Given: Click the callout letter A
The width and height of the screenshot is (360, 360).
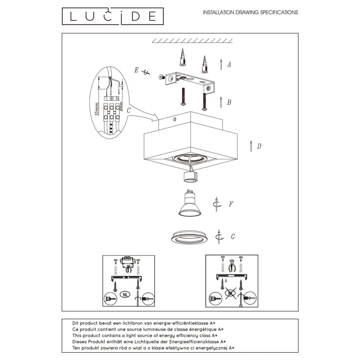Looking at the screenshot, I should coord(229,65).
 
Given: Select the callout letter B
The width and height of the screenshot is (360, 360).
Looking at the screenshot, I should coord(229,102).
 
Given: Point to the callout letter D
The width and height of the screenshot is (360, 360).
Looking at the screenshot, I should coord(259,146).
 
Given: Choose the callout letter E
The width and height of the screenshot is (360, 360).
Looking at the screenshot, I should coord(136,70).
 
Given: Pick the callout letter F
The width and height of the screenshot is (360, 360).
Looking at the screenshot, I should coord(231,204).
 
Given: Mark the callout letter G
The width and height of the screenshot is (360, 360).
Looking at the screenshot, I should coord(233,237).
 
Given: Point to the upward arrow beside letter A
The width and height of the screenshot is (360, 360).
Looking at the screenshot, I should coord(221,64).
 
